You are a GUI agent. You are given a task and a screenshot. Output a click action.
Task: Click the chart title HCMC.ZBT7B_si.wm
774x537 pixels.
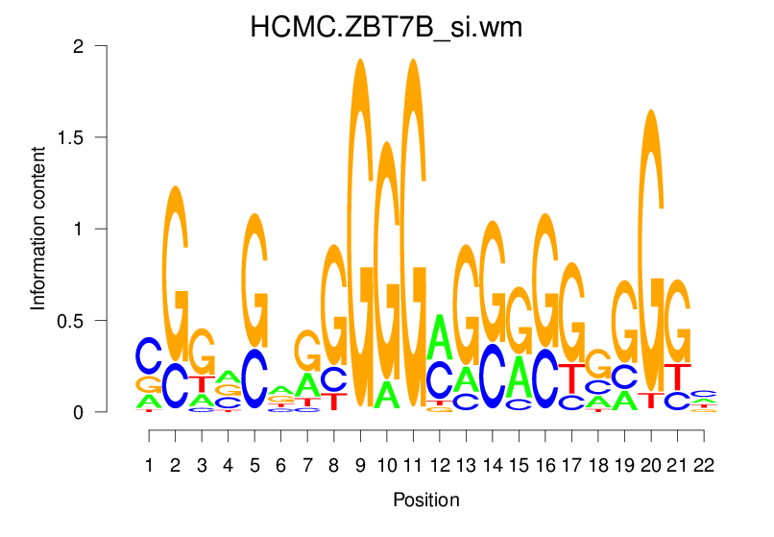pyautogui.click(x=386, y=27)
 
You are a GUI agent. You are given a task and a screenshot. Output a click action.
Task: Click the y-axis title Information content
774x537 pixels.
pyautogui.click(x=38, y=229)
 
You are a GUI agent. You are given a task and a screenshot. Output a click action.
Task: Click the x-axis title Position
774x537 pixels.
pyautogui.click(x=425, y=500)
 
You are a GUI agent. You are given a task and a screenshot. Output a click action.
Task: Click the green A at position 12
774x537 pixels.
pyautogui.click(x=440, y=336)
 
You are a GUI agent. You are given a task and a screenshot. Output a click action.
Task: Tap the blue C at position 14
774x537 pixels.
pyautogui.click(x=493, y=375)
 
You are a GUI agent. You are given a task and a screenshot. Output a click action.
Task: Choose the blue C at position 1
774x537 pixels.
pyautogui.click(x=149, y=355)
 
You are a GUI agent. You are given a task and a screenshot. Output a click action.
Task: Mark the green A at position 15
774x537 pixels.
pyautogui.click(x=520, y=376)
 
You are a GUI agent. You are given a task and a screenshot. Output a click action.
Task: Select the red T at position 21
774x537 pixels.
pyautogui.click(x=678, y=376)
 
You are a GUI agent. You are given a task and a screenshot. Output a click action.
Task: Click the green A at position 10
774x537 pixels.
pyautogui.click(x=387, y=394)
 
